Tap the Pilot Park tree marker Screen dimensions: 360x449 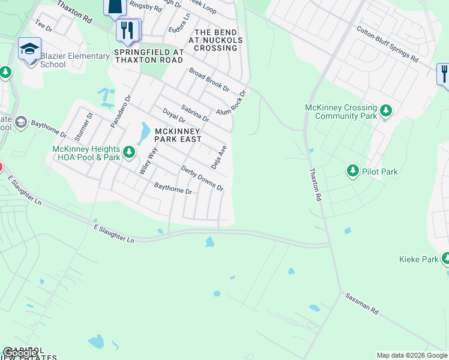click(x=353, y=172)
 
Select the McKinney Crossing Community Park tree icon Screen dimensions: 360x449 click(x=386, y=111)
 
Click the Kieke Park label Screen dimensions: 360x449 click(x=418, y=259)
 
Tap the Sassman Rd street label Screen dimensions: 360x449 click(x=361, y=304)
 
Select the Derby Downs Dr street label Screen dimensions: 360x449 click(x=202, y=179)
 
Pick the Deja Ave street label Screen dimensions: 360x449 click(x=218, y=157)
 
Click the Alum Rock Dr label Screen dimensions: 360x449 click(x=232, y=103)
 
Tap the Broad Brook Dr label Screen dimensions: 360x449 click(x=209, y=79)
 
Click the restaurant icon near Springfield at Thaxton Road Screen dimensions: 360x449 click(x=127, y=31)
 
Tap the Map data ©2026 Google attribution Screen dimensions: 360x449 click(x=412, y=355)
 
